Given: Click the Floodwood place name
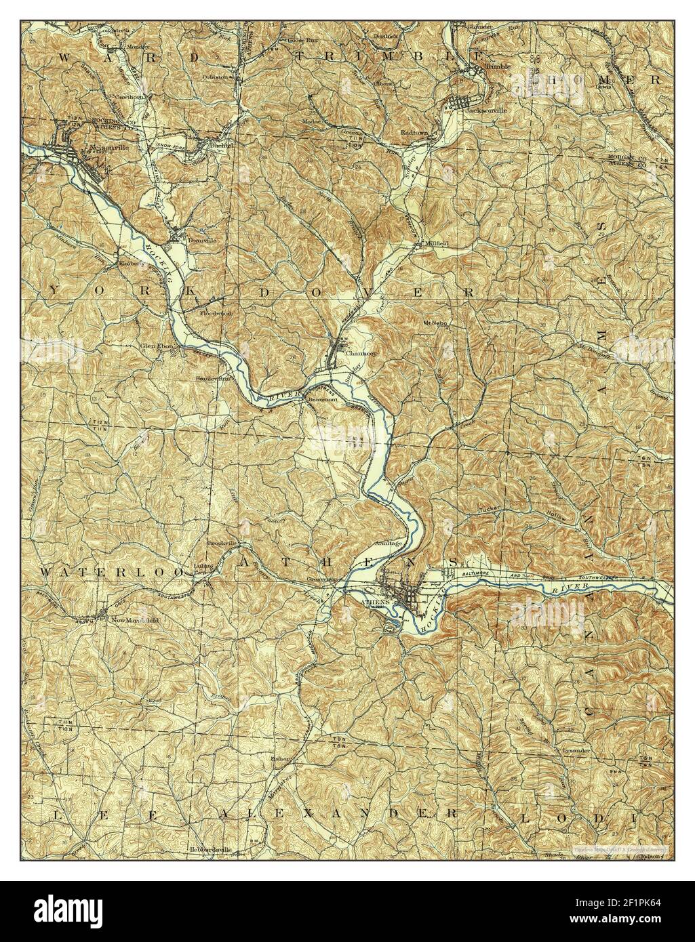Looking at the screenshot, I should [x=215, y=314].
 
